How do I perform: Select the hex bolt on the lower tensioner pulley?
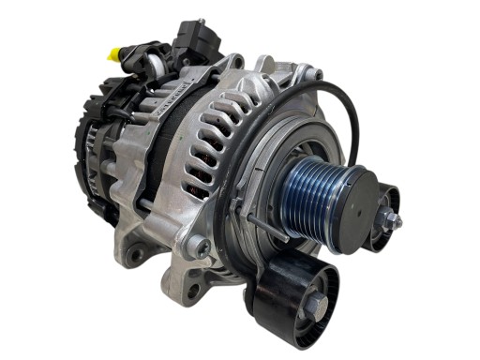click(x=313, y=302)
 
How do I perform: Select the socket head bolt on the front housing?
click(x=198, y=247)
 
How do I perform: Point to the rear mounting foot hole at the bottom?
click(x=138, y=253)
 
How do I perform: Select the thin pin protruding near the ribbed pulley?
click(x=263, y=222)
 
